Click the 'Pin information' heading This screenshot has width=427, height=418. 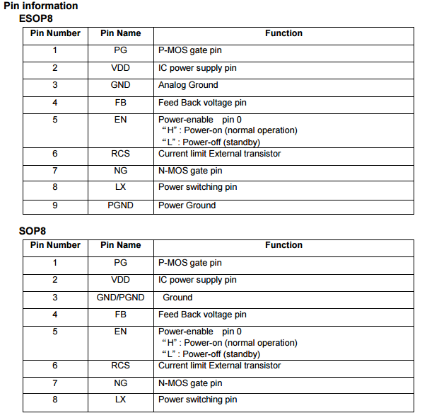coord(41,6)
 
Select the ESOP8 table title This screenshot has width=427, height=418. coord(36,18)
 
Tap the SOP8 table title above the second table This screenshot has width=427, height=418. coord(32,231)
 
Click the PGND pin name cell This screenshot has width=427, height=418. coord(120,205)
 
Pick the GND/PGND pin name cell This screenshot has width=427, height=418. coord(120,298)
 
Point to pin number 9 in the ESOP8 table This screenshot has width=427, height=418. coord(54,205)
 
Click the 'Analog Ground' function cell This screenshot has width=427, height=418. coord(188,85)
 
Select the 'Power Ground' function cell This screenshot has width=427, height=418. coord(187,205)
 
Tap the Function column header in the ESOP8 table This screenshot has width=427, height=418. coord(283,33)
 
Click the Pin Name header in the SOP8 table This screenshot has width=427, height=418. coord(120,245)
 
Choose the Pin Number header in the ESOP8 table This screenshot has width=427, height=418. coord(55,33)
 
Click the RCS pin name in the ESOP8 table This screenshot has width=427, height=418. coord(120,154)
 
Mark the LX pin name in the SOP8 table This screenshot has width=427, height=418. coord(120,400)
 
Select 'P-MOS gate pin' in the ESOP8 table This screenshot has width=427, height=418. coord(189,51)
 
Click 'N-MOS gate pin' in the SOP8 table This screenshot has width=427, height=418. coord(189,383)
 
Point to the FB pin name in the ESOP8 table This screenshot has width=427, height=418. coord(120,103)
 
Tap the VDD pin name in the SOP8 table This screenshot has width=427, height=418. coord(120,280)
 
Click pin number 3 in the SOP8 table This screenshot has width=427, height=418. coord(54,298)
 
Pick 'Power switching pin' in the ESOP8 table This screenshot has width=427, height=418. coord(197,187)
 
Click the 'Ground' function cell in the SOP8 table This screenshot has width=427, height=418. coord(177,298)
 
